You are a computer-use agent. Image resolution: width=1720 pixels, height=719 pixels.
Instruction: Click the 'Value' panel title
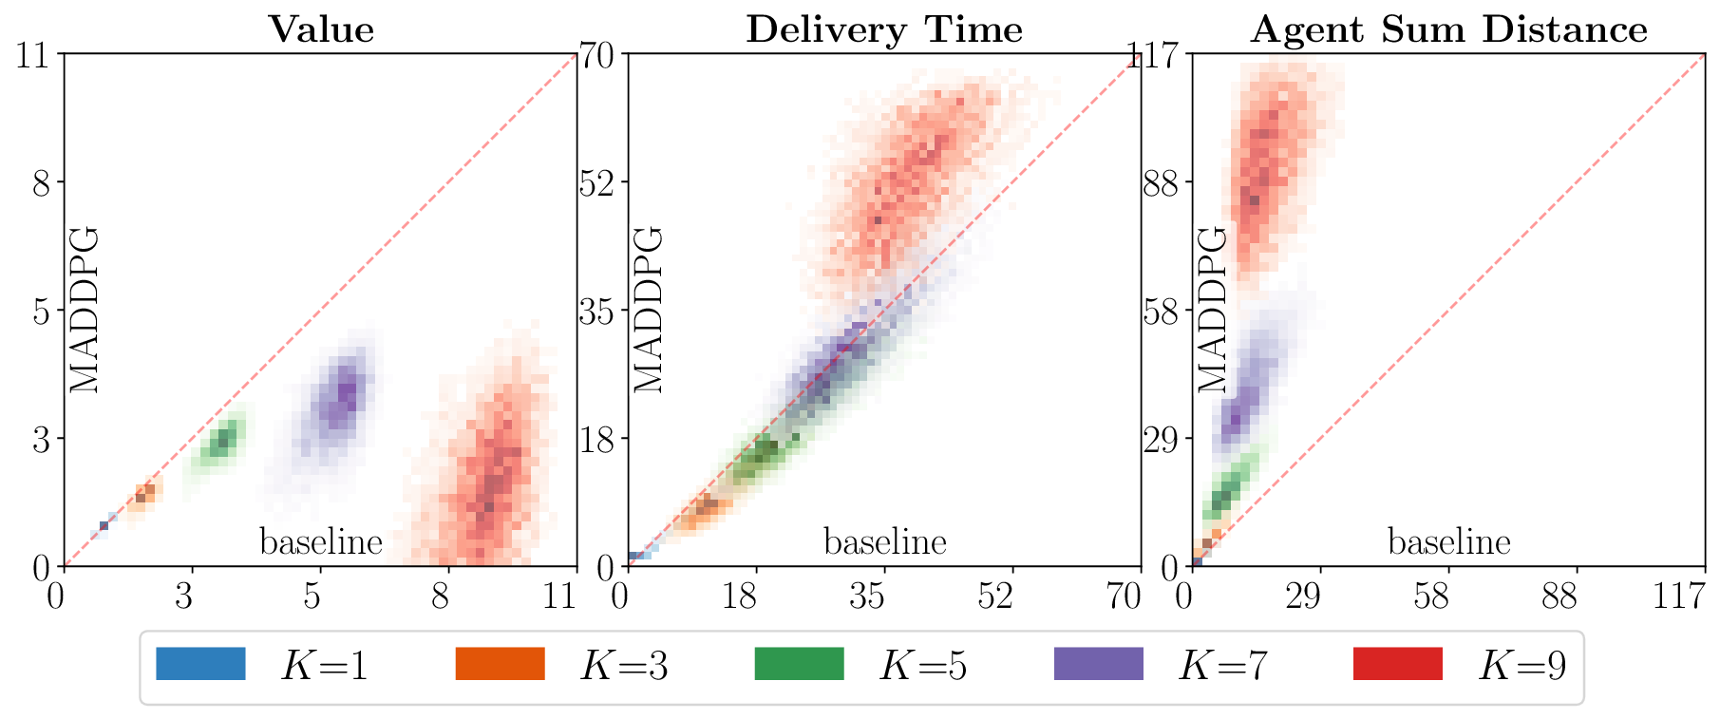point(321,29)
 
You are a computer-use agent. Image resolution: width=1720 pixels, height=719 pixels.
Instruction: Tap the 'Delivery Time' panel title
point(884,29)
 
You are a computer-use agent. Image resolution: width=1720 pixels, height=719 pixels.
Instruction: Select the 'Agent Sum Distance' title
point(1448,29)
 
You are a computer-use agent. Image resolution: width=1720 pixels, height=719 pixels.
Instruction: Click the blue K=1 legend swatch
point(200,664)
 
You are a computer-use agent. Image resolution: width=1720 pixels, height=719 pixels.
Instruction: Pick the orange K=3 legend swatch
point(500,664)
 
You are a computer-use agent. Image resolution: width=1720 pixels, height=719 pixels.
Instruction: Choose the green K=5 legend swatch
point(799,664)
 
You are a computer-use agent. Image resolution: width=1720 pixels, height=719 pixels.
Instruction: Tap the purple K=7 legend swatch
point(1098,664)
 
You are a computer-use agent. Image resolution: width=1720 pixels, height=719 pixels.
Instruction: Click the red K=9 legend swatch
point(1397,664)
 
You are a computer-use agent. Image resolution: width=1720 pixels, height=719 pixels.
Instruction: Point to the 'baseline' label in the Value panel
point(321,542)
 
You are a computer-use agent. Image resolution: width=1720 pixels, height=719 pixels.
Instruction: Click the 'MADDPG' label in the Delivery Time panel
point(648,310)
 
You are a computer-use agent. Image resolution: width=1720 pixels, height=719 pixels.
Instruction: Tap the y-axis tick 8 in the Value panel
point(41,182)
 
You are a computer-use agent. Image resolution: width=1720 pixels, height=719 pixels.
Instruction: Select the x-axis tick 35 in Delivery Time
point(866,596)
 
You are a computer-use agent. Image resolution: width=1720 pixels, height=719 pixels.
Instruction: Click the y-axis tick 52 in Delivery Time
point(599,182)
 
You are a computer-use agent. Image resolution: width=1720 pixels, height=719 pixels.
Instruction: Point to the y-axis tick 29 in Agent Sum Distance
point(1160,439)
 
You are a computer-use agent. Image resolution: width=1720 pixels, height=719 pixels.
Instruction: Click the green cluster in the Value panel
point(222,442)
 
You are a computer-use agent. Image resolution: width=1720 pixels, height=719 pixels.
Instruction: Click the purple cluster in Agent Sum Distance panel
point(1252,389)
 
